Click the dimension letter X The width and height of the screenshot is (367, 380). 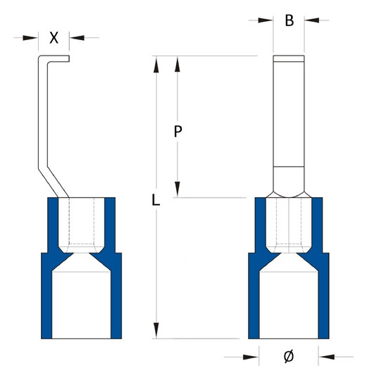pos(54,38)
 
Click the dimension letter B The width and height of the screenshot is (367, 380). pos(289,20)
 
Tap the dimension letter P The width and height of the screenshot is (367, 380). pos(178,132)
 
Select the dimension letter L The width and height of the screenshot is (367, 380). pos(156,200)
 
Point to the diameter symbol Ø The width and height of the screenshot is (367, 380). pos(289,357)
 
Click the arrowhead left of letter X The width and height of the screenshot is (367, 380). pos(30,38)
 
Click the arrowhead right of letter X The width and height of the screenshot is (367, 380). pos(77,38)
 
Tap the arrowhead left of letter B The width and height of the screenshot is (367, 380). pos(266,20)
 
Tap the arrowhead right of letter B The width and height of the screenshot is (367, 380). pos(312,20)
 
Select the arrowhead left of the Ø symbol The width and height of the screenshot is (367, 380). pos(251,357)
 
